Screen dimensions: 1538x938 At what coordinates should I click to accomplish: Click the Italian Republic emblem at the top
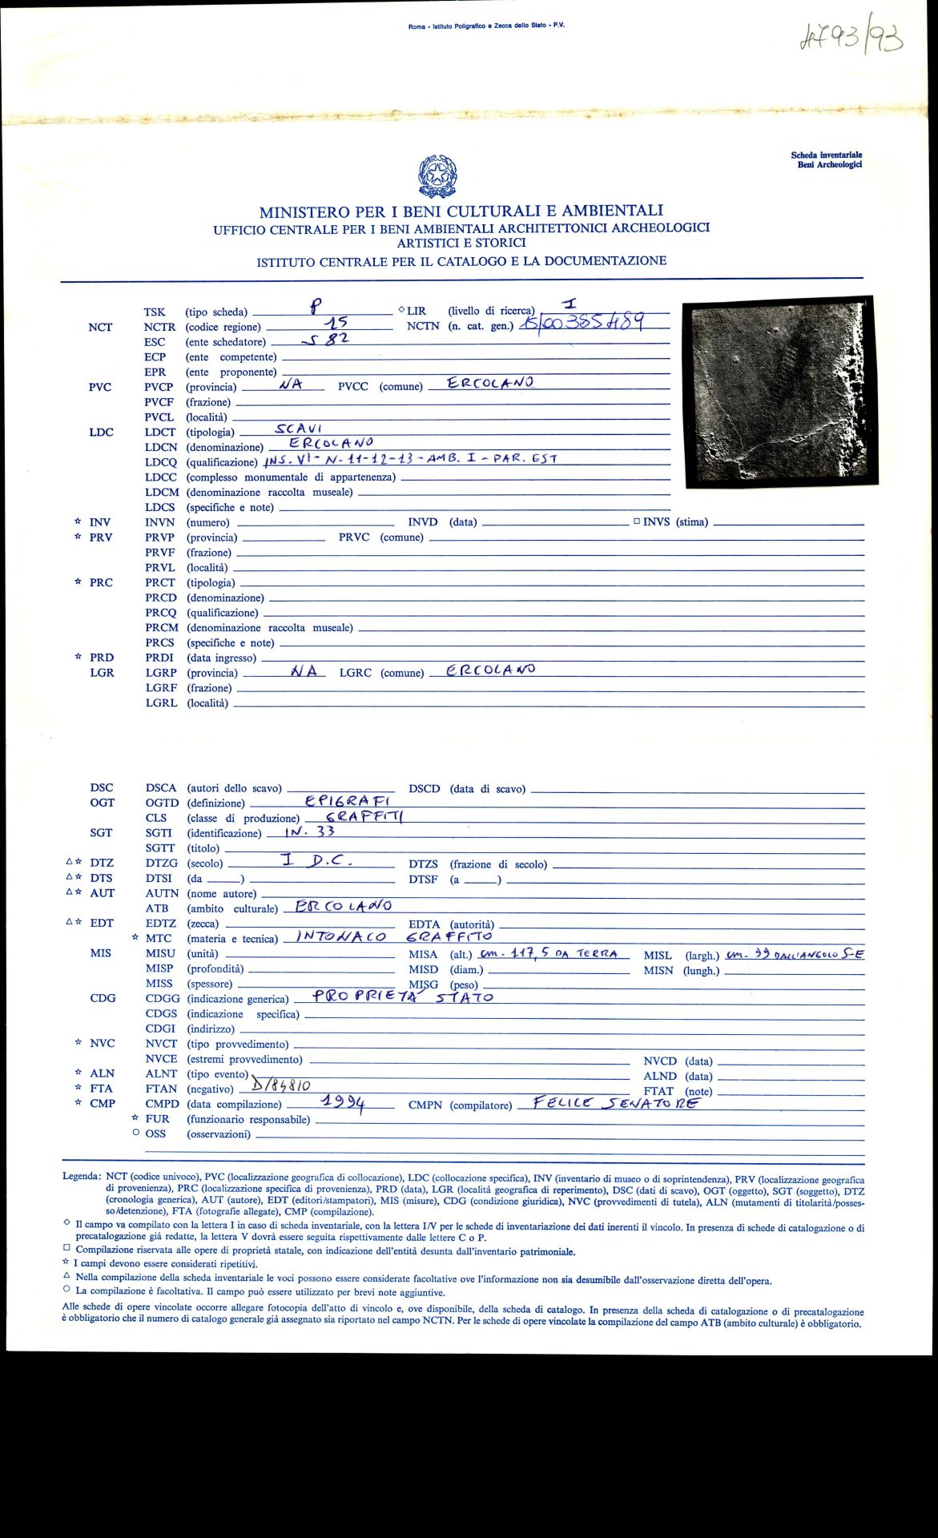[x=437, y=176]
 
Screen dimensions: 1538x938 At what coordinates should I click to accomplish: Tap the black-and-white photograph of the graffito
[x=778, y=392]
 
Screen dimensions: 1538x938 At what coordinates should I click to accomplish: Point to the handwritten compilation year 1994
[x=343, y=1103]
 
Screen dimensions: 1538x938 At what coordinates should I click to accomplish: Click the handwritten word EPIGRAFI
[x=347, y=800]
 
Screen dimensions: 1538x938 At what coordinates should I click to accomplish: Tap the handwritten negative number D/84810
[x=280, y=1086]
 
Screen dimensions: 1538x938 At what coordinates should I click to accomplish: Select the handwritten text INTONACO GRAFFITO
[x=394, y=936]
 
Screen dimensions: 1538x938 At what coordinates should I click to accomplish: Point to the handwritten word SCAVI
[x=298, y=429]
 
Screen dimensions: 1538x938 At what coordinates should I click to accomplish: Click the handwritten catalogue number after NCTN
[x=582, y=324]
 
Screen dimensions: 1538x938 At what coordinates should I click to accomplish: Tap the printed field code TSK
[x=155, y=312]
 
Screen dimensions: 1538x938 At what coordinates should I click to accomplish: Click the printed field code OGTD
[x=161, y=803]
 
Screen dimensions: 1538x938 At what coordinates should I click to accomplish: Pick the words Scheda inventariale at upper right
[x=826, y=155]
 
